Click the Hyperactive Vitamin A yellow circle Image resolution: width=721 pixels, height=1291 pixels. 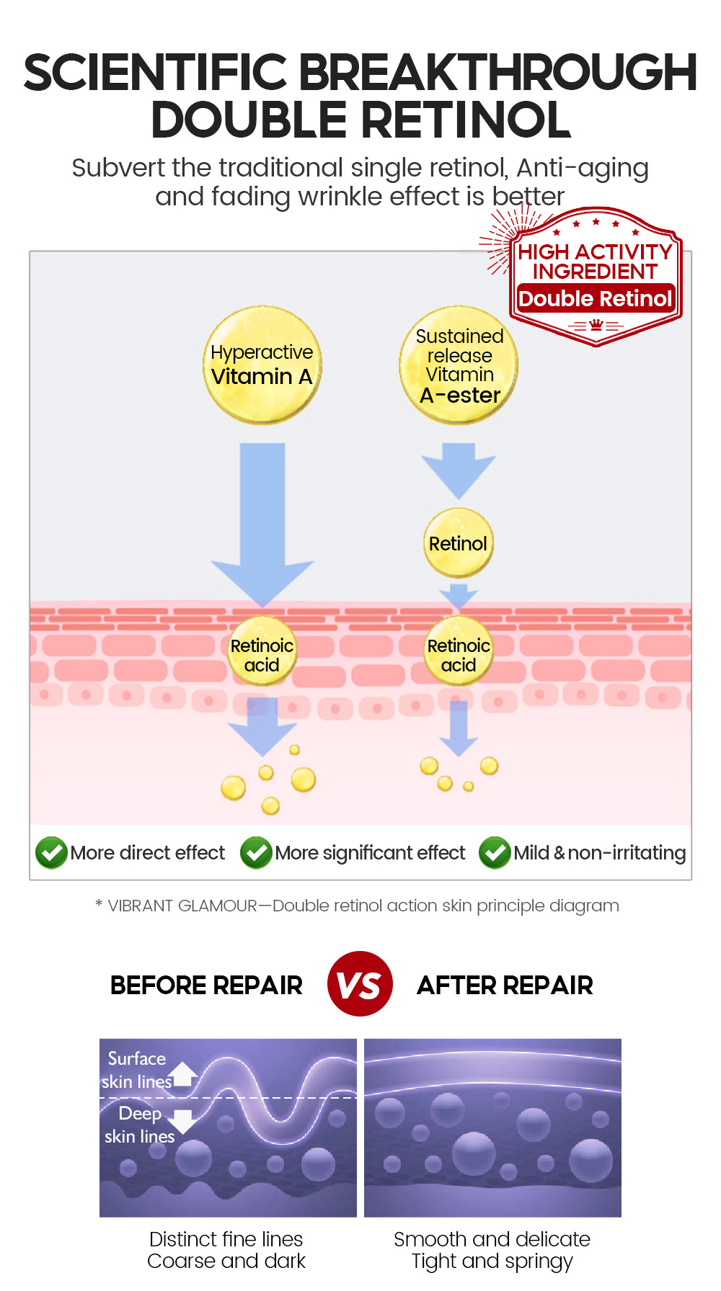click(262, 365)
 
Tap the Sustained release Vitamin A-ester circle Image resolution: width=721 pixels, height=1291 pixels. click(459, 365)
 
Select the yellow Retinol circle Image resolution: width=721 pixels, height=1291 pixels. click(459, 543)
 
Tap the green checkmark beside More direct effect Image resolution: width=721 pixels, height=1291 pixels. click(51, 853)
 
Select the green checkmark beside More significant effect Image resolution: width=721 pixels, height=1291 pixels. click(256, 853)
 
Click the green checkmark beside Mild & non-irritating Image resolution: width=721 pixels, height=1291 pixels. click(495, 853)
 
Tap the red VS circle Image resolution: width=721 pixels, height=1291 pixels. click(360, 984)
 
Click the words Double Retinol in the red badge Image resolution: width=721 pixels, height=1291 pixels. click(595, 298)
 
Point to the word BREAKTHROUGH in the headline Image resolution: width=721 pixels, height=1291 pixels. click(497, 73)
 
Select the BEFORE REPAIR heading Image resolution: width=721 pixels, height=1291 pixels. click(206, 985)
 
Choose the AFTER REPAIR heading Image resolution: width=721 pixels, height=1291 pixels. click(505, 985)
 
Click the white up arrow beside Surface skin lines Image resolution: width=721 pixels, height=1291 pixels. click(184, 1074)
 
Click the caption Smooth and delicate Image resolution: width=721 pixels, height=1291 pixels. click(492, 1239)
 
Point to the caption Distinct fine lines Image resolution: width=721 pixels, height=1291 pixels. click(226, 1239)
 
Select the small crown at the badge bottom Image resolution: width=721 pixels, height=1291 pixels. click(596, 326)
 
